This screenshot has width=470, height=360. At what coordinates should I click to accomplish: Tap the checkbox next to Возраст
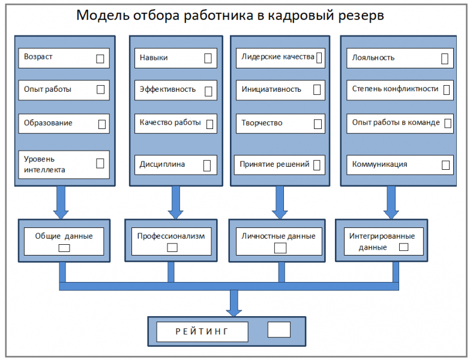(100, 58)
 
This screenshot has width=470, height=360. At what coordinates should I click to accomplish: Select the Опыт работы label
(47, 89)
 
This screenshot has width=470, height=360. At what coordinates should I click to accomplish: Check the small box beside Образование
(101, 124)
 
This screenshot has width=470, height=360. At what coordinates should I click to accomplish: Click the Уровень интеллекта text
(44, 164)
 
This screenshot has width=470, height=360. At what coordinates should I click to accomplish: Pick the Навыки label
(154, 58)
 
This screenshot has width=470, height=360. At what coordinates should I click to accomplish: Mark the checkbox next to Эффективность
(208, 91)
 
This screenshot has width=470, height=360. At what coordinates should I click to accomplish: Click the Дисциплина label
(162, 164)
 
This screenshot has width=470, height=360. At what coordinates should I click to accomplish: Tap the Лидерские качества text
(277, 57)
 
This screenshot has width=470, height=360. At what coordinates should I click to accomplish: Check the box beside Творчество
(318, 124)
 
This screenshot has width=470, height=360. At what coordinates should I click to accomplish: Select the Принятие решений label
(274, 164)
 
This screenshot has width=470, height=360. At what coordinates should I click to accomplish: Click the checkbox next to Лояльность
(445, 58)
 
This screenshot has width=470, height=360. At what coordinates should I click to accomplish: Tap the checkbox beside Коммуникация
(445, 164)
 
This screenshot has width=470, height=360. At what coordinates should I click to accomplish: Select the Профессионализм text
(171, 236)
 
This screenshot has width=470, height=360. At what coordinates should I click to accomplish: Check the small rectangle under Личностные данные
(280, 247)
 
